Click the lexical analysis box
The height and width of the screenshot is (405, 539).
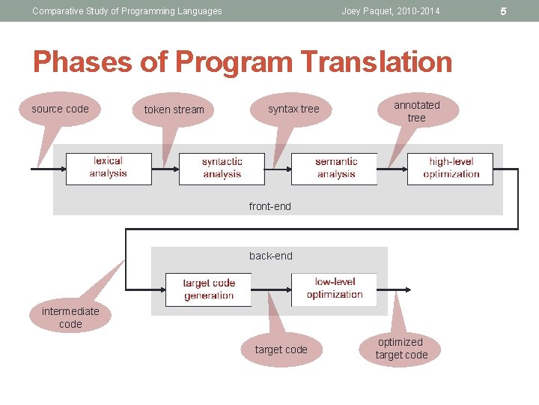[109, 168]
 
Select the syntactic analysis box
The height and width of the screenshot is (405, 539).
[222, 168]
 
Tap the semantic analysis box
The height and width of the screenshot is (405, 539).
[335, 168]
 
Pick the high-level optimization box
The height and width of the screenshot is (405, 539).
[451, 168]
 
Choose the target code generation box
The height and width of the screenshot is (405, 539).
[208, 289]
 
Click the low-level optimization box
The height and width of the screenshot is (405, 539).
[334, 288]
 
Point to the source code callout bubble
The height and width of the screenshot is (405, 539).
[60, 109]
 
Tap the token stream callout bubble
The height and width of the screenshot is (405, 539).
[174, 109]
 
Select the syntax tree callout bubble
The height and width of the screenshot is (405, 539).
[293, 109]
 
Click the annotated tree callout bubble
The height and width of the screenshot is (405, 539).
[417, 111]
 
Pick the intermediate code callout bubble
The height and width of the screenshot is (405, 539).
[70, 317]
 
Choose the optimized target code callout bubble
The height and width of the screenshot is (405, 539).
[401, 349]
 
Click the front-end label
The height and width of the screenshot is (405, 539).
[269, 206]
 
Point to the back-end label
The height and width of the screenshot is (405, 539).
[270, 256]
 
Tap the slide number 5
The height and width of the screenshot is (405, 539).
[524, 11]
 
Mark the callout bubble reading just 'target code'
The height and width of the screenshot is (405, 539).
[281, 349]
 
